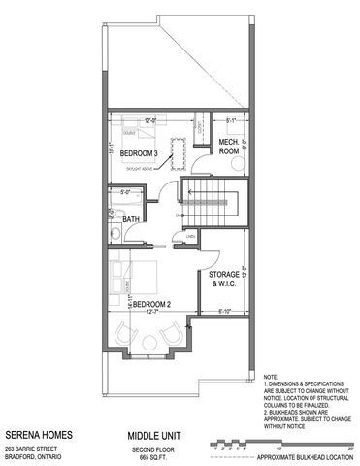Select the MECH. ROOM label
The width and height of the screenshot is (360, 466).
tap(228, 146)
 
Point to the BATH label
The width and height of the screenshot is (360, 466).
tap(132, 220)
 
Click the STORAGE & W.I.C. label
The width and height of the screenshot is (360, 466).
tap(227, 281)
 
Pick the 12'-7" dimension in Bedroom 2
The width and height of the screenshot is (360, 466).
tap(147, 311)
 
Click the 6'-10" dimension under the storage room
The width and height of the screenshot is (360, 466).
tap(227, 311)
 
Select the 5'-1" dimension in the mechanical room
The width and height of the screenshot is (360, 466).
tap(231, 121)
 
